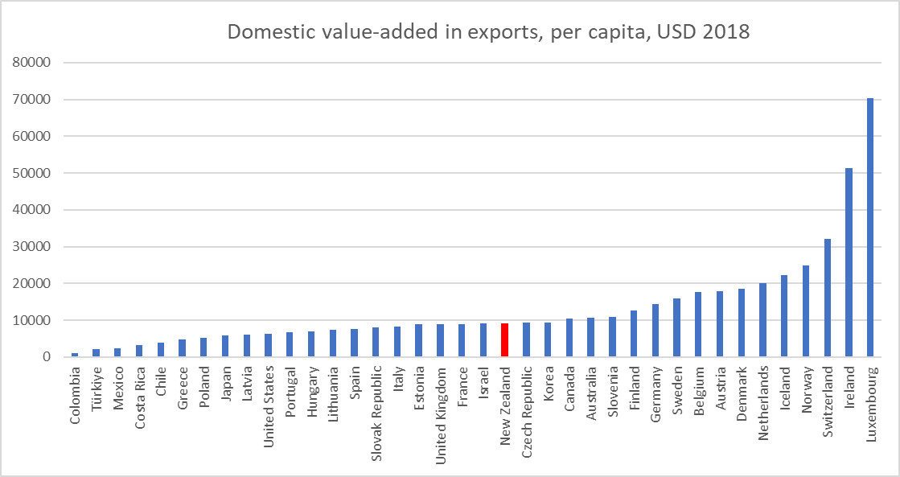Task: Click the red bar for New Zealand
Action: click(504, 340)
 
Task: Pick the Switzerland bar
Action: click(827, 298)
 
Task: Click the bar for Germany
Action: click(655, 331)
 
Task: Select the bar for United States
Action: click(268, 345)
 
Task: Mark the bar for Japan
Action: click(225, 346)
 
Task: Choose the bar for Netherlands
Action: click(762, 320)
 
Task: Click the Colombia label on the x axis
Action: click(75, 395)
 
